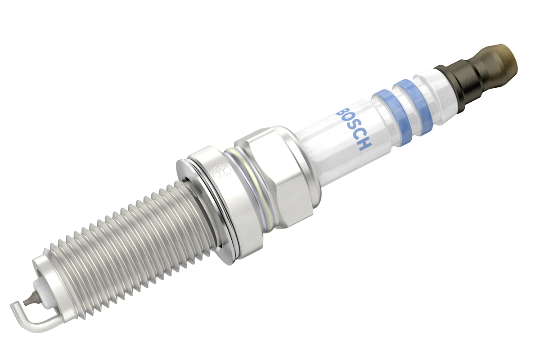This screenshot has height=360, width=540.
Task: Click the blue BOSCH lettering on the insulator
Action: (354, 129)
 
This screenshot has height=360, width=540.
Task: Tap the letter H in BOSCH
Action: (365, 145)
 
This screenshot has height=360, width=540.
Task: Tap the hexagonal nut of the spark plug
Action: (277, 179)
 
